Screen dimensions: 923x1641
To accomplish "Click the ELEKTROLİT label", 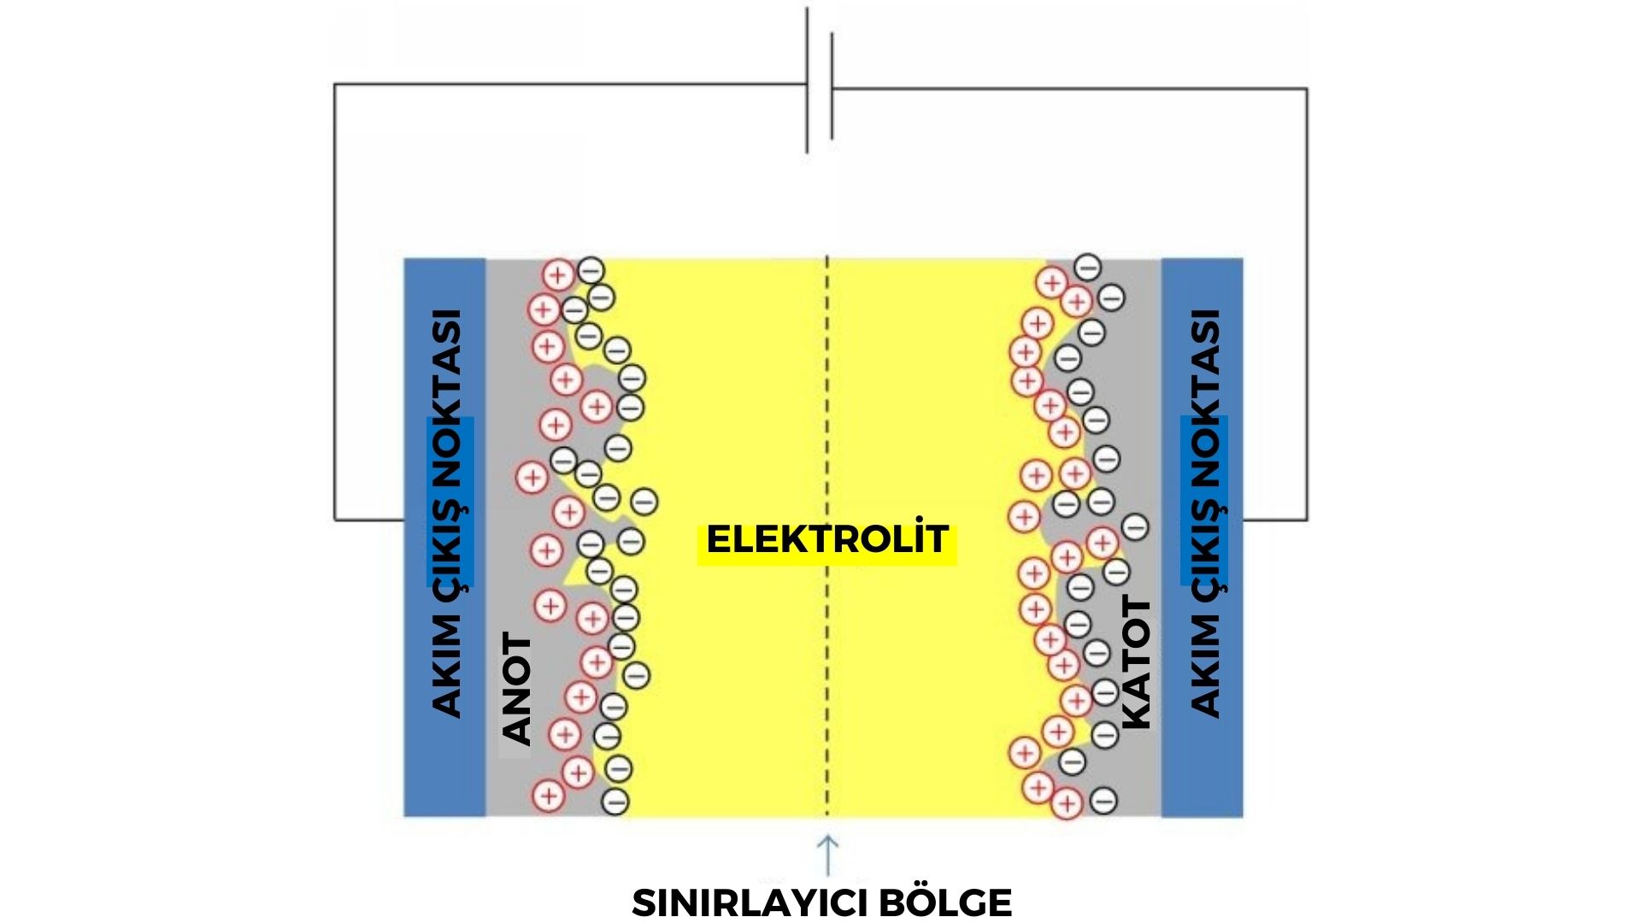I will pyautogui.click(x=826, y=539).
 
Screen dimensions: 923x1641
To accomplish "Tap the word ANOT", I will pyautogui.click(x=517, y=688).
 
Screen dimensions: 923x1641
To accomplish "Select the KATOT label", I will pyautogui.click(x=1136, y=663).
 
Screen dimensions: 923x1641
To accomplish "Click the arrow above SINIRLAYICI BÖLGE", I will pyautogui.click(x=827, y=855).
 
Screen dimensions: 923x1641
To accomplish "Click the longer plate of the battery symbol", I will pyautogui.click(x=807, y=81).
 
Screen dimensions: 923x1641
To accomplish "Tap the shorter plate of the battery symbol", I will pyautogui.click(x=832, y=85).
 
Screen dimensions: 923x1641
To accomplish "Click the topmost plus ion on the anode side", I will pyautogui.click(x=558, y=275).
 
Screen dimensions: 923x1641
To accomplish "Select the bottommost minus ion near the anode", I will pyautogui.click(x=615, y=802).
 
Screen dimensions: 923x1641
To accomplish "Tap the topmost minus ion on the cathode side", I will pyautogui.click(x=1087, y=267).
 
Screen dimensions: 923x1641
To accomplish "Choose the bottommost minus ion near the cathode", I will pyautogui.click(x=1103, y=801).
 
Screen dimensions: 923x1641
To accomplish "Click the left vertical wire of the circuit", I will pyautogui.click(x=334, y=299).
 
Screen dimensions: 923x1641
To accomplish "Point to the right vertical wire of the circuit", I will pyautogui.click(x=1307, y=299).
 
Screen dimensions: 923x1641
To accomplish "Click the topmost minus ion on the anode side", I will pyautogui.click(x=591, y=271).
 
